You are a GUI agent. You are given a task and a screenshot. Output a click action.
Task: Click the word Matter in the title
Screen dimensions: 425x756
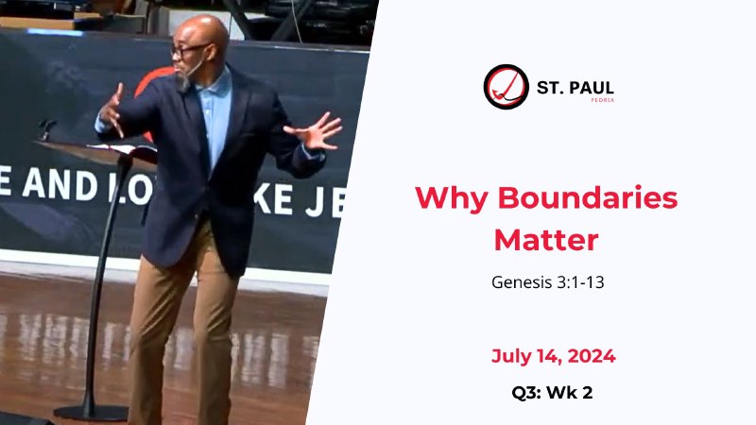546,239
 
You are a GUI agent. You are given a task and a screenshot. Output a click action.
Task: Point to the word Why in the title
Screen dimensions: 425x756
450,198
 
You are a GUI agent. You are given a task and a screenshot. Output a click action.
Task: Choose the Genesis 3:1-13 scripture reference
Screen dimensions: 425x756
546,281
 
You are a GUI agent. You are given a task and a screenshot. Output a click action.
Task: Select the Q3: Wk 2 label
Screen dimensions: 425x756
546,392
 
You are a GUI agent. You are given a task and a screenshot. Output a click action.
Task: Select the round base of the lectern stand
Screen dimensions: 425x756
91,412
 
